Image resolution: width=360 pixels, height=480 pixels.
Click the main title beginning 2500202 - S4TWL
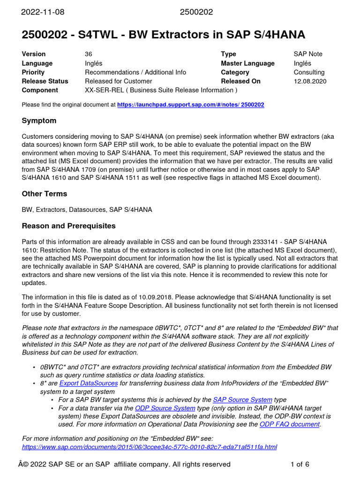164,34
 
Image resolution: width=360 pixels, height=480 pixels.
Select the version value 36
89,54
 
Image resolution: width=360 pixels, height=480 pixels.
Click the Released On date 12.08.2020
310,81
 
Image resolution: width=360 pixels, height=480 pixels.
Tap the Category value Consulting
309,72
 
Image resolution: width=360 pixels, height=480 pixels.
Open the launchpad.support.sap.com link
190,105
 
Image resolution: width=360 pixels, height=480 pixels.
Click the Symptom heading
39,121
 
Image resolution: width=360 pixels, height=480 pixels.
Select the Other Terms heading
45,194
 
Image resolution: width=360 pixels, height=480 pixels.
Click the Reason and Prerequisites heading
68,226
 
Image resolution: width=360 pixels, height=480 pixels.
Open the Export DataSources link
89,383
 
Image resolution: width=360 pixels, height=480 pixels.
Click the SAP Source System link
242,400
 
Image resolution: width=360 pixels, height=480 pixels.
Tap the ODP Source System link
165,408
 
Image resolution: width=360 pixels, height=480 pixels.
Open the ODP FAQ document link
289,424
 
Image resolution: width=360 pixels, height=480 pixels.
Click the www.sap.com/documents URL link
150,447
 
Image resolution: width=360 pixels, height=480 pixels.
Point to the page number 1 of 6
300,465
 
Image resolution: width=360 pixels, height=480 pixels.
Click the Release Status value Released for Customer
119,81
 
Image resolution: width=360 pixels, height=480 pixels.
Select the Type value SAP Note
308,54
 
